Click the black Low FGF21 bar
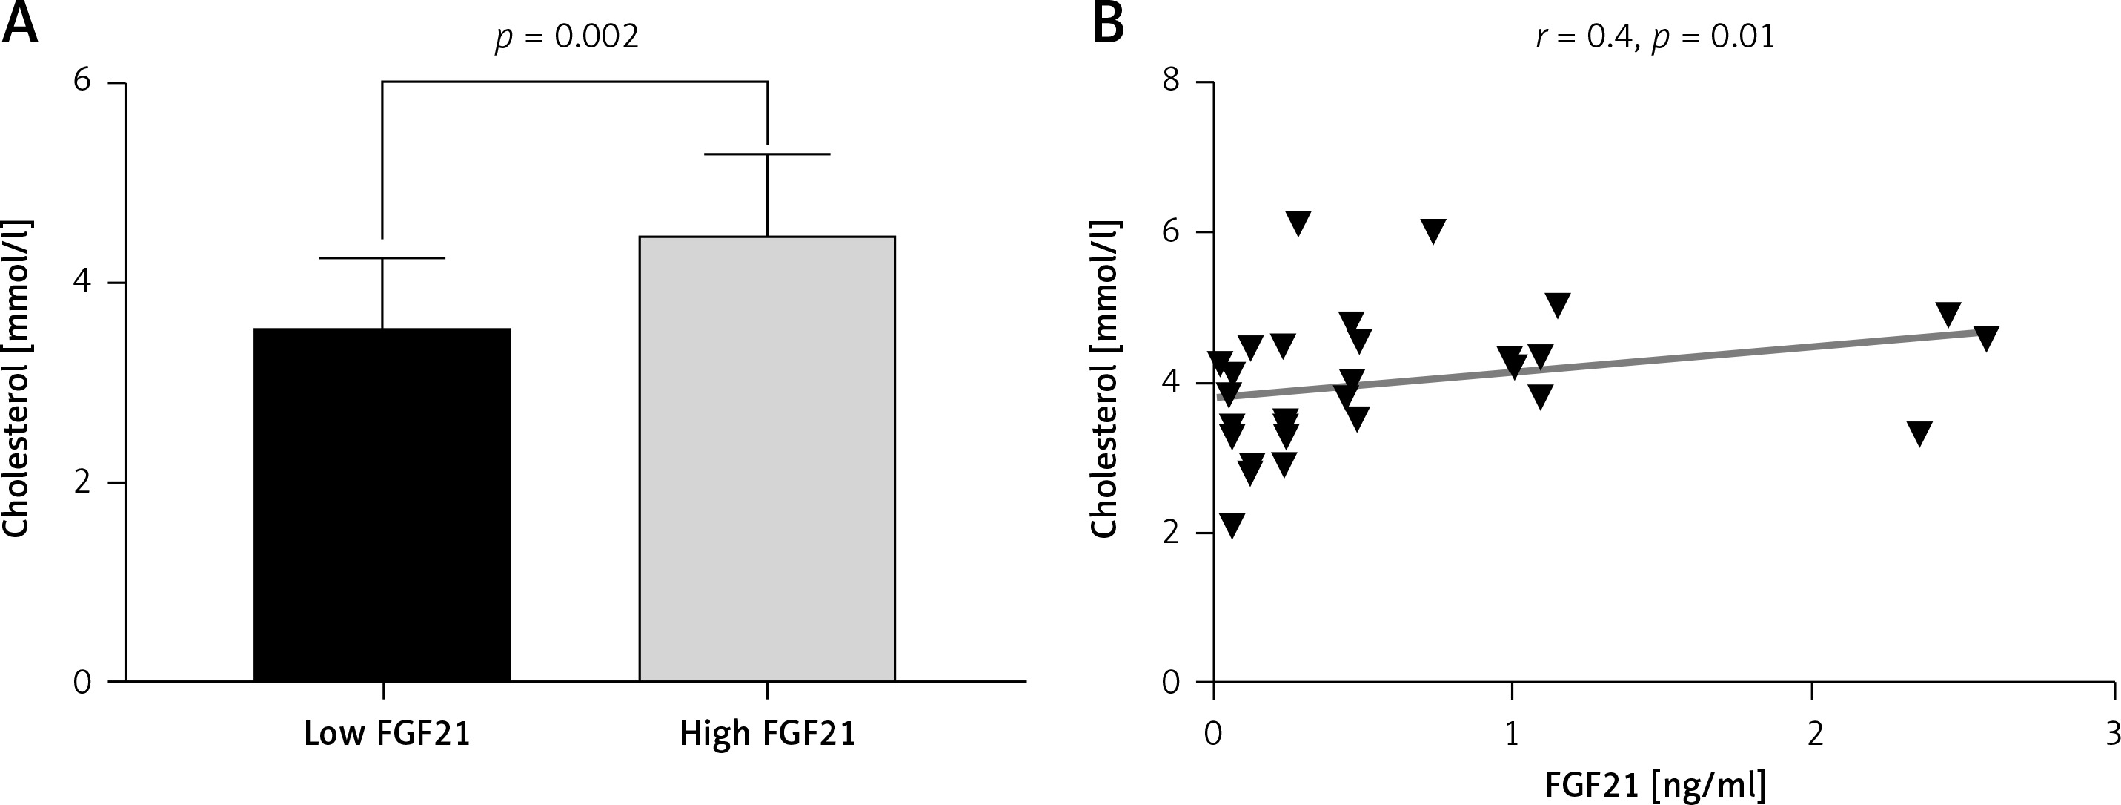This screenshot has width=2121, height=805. pyautogui.click(x=382, y=505)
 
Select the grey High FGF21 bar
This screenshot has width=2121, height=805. pyautogui.click(x=766, y=458)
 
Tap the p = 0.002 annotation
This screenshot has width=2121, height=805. pyautogui.click(x=566, y=38)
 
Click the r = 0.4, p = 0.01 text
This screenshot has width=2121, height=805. pyautogui.click(x=1655, y=38)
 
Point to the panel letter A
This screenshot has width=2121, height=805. pyautogui.click(x=20, y=24)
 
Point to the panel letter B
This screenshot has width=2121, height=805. pyautogui.click(x=1107, y=24)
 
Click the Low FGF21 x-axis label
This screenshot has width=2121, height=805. pyautogui.click(x=387, y=733)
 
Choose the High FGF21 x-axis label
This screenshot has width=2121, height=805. pyautogui.click(x=767, y=733)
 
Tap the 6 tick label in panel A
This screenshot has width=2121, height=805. pyautogui.click(x=82, y=82)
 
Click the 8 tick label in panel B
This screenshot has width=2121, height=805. pyautogui.click(x=1170, y=82)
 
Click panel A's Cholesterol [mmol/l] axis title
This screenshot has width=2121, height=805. pyautogui.click(x=16, y=379)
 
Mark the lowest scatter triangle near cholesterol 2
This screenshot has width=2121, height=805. pyautogui.click(x=1232, y=524)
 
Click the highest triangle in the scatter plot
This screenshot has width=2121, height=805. pyautogui.click(x=1298, y=223)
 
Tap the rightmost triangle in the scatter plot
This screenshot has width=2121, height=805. pyautogui.click(x=1986, y=338)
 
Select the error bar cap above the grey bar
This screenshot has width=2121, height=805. pyautogui.click(x=766, y=154)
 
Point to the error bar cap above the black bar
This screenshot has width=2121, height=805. pyautogui.click(x=382, y=259)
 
